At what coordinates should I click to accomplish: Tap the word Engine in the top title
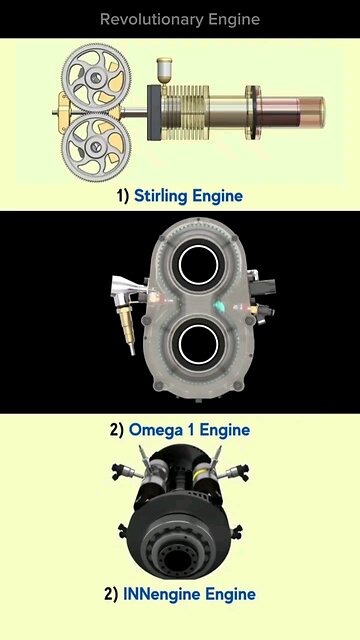pyautogui.click(x=235, y=19)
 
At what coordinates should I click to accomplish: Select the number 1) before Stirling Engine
pyautogui.click(x=123, y=196)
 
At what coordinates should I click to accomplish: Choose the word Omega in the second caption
pyautogui.click(x=158, y=431)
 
